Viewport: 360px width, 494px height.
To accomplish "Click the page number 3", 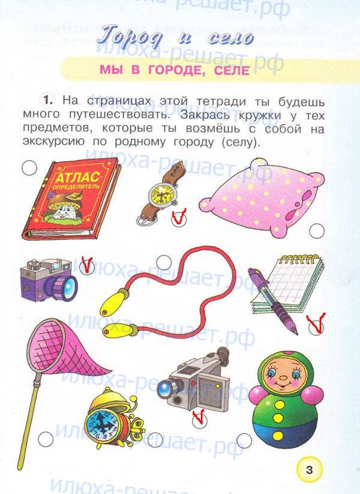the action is [x=309, y=470].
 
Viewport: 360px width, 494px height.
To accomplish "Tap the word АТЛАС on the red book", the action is [x=78, y=178].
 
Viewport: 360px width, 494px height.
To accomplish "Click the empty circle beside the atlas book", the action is [x=29, y=168].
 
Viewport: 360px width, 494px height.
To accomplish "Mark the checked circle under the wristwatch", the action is [x=179, y=218].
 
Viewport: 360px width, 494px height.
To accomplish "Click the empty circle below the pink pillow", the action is [x=317, y=231].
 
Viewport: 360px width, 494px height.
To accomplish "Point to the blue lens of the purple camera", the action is [x=68, y=288].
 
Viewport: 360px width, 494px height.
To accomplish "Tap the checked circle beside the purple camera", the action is [x=86, y=267].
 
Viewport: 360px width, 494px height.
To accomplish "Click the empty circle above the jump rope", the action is [x=164, y=262].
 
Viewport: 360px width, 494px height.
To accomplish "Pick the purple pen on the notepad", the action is [x=273, y=300].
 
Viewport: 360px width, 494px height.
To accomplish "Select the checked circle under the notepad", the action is [x=316, y=327].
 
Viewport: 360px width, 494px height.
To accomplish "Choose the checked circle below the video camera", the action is [x=199, y=420].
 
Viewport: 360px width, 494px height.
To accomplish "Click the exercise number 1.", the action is [x=47, y=100].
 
